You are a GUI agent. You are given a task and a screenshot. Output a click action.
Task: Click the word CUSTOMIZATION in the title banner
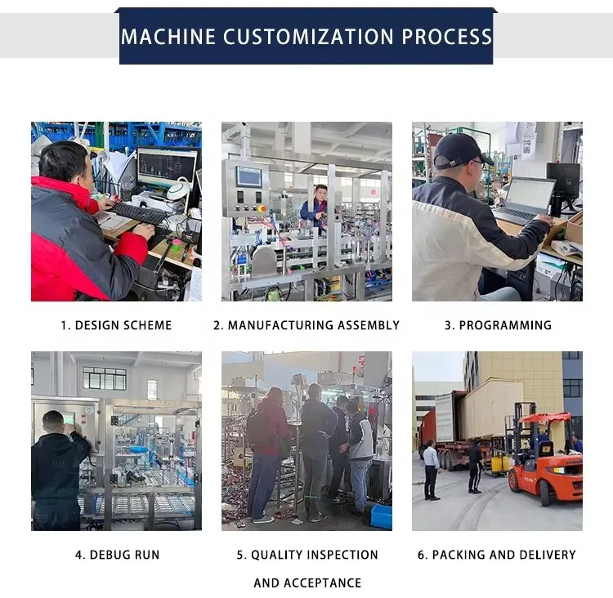click(x=308, y=37)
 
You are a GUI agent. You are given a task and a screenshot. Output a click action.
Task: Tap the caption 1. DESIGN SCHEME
click(x=116, y=325)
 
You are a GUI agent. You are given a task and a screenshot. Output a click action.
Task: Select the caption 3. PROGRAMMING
click(x=498, y=325)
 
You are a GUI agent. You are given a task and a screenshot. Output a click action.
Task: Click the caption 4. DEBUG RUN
click(x=117, y=555)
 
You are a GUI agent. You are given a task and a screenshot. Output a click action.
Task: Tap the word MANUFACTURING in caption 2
click(x=276, y=325)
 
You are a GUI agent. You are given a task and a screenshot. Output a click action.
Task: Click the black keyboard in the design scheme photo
click(x=139, y=213)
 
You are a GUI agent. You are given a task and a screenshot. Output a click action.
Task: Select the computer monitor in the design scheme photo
click(x=167, y=168)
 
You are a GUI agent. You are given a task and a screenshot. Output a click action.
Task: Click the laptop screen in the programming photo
click(x=530, y=194)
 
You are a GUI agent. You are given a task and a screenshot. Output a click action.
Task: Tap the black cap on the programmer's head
click(x=461, y=151)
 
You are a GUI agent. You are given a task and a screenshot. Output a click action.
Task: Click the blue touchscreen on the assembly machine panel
click(x=249, y=176)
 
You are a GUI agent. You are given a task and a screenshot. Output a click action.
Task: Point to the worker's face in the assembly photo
click(x=321, y=193)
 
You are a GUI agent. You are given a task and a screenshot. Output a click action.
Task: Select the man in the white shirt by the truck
click(x=431, y=470)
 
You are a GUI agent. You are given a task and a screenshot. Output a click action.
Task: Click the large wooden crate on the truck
click(x=490, y=408)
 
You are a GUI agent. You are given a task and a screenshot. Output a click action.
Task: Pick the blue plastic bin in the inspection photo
click(x=381, y=516)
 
